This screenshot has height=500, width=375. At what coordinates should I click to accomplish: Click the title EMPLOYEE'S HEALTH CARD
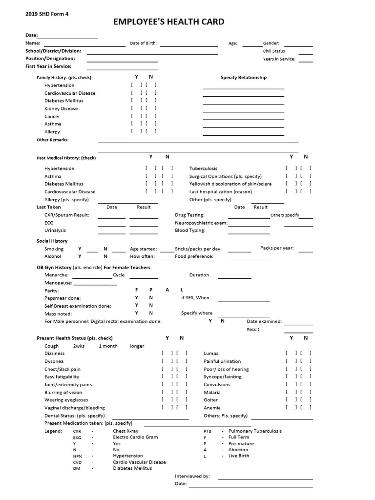tap(169, 21)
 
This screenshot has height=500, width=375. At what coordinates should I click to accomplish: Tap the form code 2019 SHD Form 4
tap(47, 14)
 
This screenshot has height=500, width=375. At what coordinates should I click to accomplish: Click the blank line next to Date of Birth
tap(189, 43)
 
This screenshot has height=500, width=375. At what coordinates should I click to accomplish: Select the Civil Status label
tap(274, 51)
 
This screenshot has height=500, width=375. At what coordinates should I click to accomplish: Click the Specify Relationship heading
tap(244, 78)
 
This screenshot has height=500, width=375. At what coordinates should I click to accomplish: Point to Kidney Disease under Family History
tap(61, 109)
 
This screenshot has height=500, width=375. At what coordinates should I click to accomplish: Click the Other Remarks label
tap(53, 140)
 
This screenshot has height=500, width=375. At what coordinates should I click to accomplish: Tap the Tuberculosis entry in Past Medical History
tap(203, 168)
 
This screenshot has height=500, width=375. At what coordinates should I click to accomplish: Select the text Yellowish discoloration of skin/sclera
tap(230, 184)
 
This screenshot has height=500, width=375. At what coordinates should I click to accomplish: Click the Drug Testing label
tap(189, 215)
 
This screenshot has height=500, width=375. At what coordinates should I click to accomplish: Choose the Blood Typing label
tap(190, 230)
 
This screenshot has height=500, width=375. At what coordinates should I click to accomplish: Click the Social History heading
tap(52, 241)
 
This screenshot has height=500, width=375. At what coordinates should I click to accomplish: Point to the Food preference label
tap(194, 256)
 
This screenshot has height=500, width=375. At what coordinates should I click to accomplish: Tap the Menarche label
tap(56, 275)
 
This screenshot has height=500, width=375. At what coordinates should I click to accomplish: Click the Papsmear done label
tap(62, 298)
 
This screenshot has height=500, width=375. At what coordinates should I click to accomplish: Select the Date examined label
tap(264, 322)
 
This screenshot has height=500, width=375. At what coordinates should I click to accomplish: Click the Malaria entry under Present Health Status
tap(212, 393)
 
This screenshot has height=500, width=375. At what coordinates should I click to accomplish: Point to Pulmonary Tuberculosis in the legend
tap(255, 431)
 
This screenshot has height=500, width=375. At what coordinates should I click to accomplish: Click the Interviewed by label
tap(192, 476)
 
